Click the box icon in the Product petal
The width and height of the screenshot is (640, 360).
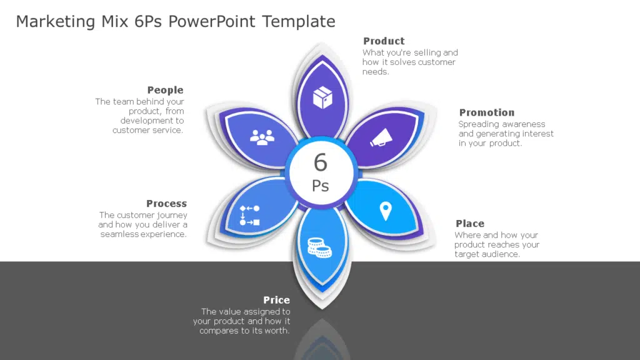pos(322,97)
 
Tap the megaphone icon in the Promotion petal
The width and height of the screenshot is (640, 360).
pos(381,137)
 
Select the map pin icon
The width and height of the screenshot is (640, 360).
pos(386,211)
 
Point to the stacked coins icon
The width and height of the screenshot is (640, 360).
pos(319,247)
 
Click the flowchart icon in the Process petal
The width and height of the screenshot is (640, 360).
pos(249,216)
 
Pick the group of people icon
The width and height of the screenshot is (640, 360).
pos(262,137)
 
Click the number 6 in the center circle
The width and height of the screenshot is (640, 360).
pos(321,162)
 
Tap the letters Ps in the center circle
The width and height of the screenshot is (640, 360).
pos(321,186)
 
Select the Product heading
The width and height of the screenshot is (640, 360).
pos(384,41)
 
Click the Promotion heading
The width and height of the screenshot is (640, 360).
pos(487,112)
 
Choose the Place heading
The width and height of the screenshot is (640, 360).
pos(470,224)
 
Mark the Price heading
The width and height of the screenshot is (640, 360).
pos(277,300)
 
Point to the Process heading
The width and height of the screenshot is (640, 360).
pos(166,203)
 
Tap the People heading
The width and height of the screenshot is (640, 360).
pos(165,90)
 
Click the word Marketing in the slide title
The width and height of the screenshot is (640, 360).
pos(56,22)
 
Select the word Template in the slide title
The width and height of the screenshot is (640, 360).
pos(298,22)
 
